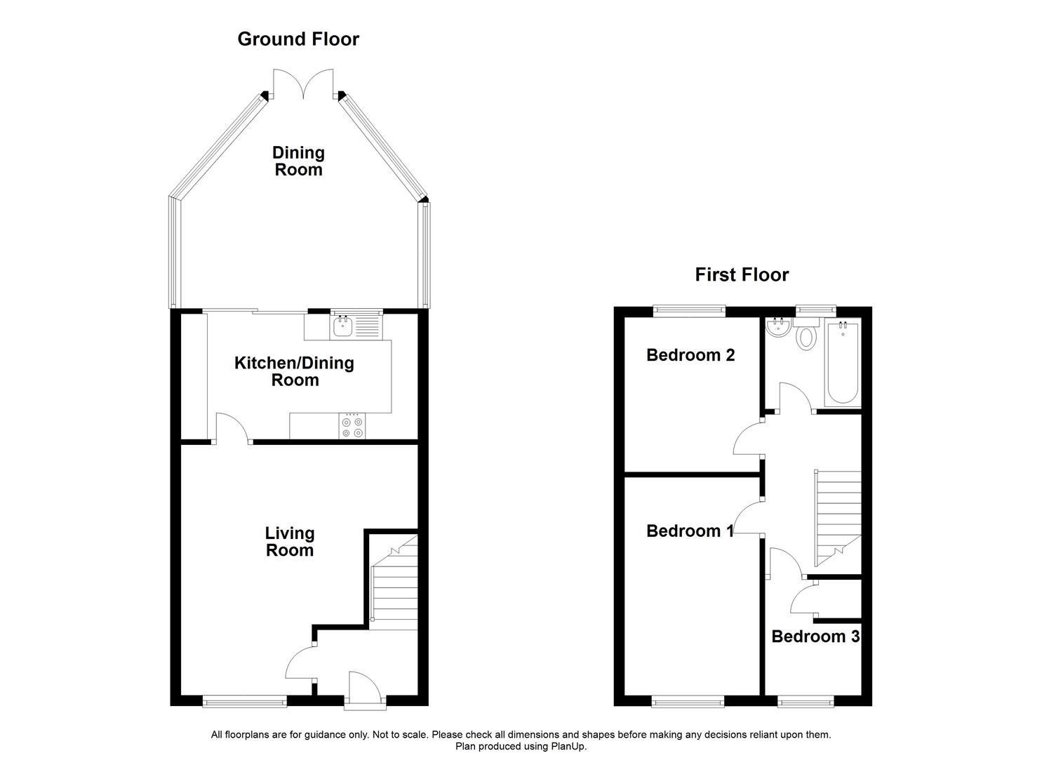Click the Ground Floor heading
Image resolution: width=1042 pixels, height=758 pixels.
click(x=298, y=39)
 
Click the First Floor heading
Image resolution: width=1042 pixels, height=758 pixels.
click(x=742, y=275)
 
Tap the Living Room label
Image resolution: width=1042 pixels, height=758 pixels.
click(x=289, y=542)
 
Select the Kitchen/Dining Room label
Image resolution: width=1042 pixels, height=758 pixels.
click(x=294, y=371)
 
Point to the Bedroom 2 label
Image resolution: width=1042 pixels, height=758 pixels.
click(x=690, y=355)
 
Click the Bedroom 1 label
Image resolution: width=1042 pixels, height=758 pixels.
click(x=690, y=531)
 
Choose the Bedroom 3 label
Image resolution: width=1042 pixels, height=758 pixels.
click(x=815, y=637)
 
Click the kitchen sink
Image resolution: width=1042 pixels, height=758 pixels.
click(x=343, y=326)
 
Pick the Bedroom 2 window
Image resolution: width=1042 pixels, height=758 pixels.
click(x=688, y=309)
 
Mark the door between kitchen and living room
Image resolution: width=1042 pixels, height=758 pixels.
click(x=232, y=429)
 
